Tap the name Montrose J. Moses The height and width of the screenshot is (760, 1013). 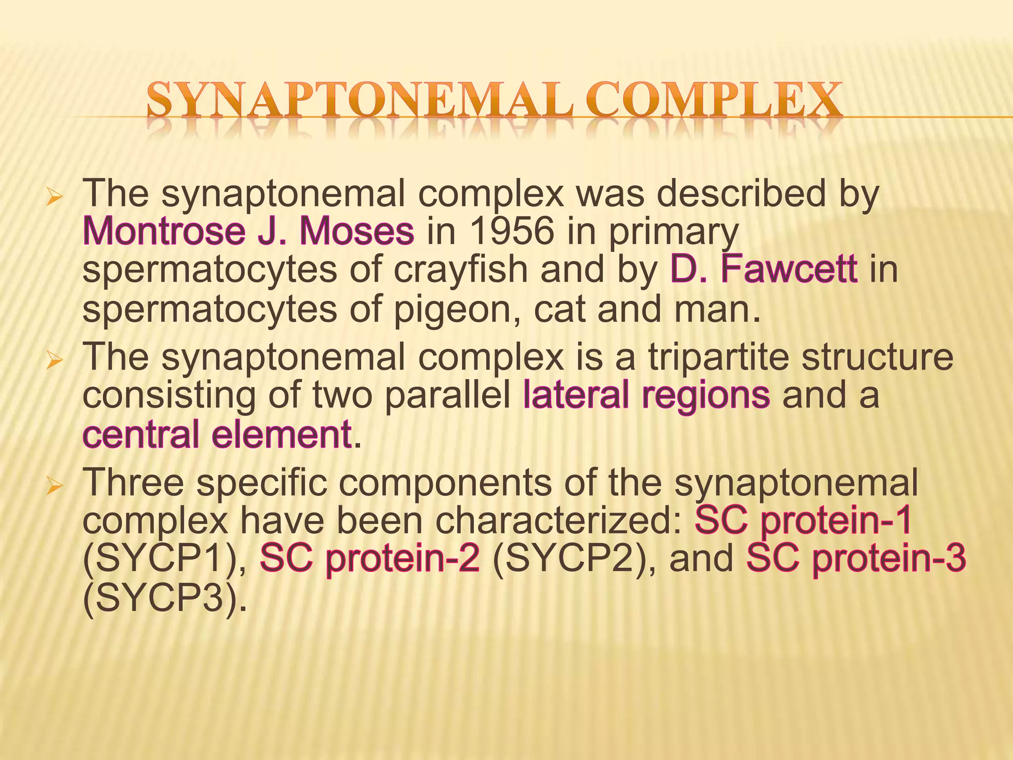pyautogui.click(x=248, y=232)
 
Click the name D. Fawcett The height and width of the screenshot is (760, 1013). pyautogui.click(x=764, y=270)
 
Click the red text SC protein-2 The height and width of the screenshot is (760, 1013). pyautogui.click(x=369, y=559)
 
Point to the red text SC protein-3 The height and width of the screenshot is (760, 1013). pyautogui.click(x=856, y=559)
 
